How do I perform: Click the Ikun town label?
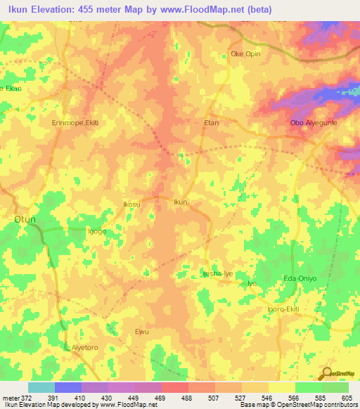(181, 202)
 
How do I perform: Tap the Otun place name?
(25, 219)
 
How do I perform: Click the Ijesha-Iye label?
(217, 273)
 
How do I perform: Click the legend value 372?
(27, 397)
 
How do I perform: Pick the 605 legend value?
(347, 397)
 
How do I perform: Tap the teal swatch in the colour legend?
(41, 387)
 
